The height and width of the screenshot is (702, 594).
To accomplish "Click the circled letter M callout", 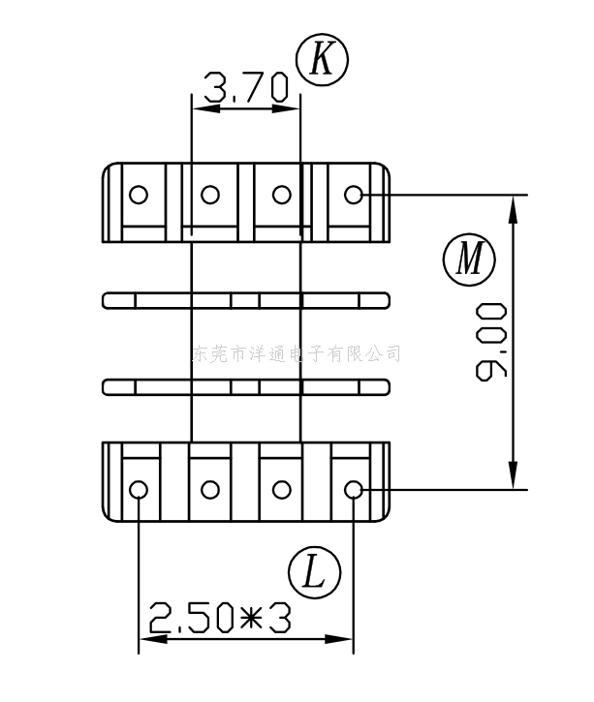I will [469, 259].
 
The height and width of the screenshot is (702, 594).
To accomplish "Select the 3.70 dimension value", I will [246, 90].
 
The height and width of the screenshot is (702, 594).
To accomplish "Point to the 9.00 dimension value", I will [493, 341].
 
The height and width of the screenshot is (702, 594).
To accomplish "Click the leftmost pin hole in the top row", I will [139, 195].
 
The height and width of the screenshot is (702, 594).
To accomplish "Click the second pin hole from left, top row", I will [210, 195].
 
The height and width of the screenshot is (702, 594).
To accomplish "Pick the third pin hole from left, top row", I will [281, 195].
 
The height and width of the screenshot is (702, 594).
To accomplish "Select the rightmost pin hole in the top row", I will [353, 195].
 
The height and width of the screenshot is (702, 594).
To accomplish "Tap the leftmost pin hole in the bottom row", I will [139, 489].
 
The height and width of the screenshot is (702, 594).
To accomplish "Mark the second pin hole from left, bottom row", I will [210, 489].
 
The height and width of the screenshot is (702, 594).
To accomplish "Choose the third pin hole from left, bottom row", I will [281, 489].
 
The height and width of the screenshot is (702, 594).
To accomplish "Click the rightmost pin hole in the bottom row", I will [353, 489].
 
